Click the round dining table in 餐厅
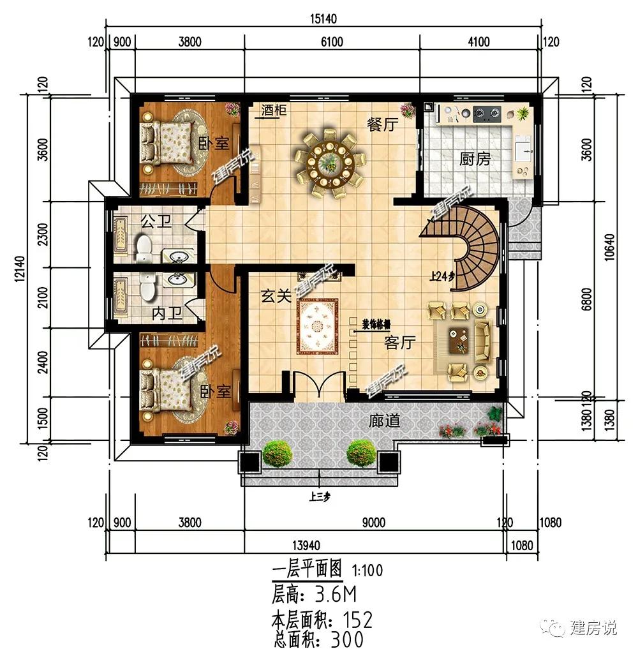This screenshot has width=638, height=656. click(329, 160)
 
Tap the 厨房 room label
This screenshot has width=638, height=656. click(475, 159)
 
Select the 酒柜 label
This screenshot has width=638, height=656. click(273, 111)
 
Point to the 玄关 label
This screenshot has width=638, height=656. click(276, 296)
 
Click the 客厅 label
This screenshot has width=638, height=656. click(400, 343)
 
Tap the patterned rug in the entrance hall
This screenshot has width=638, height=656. click(320, 327)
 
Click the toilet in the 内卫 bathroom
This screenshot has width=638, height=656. click(149, 287)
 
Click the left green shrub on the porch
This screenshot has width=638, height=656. click(277, 454)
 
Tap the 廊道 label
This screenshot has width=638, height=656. click(385, 421)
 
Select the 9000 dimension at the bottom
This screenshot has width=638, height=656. click(374, 523)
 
